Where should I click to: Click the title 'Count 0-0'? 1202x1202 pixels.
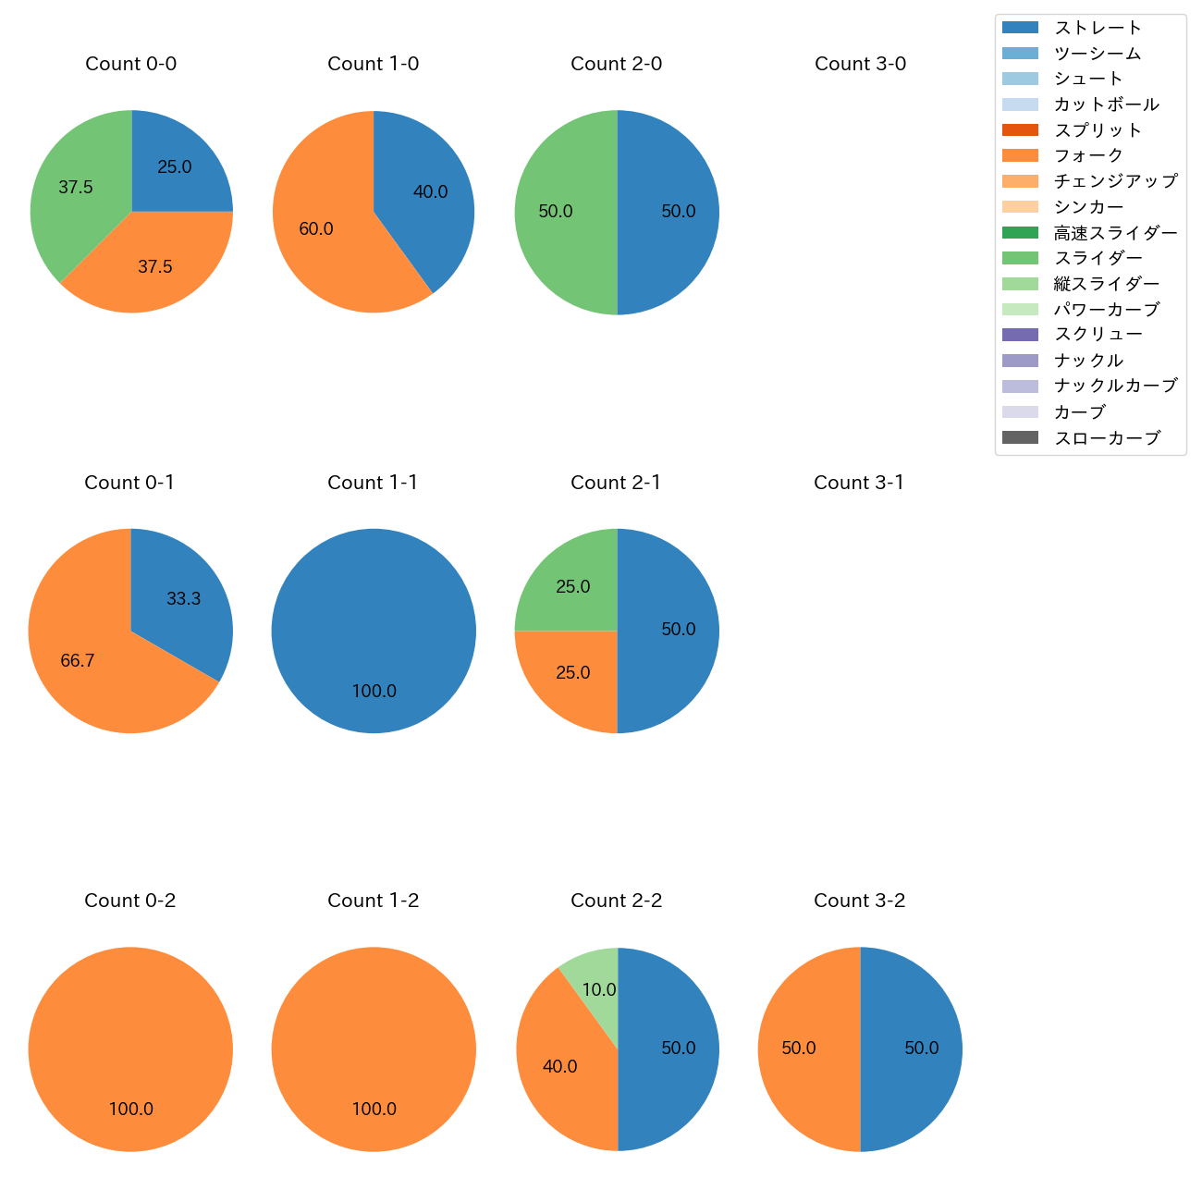(131, 64)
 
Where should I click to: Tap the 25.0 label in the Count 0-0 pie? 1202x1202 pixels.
(175, 167)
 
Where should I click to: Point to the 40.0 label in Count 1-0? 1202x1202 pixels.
(430, 192)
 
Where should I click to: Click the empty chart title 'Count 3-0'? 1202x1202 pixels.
(860, 64)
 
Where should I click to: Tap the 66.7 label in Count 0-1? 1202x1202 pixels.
(78, 661)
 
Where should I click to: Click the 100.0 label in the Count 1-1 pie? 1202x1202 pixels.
(374, 692)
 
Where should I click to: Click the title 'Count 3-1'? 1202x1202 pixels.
(859, 483)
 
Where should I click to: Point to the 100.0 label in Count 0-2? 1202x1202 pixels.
(131, 1110)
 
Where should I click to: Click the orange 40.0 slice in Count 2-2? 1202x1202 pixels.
(564, 1063)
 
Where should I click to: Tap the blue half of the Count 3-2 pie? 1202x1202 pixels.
(915, 1049)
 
